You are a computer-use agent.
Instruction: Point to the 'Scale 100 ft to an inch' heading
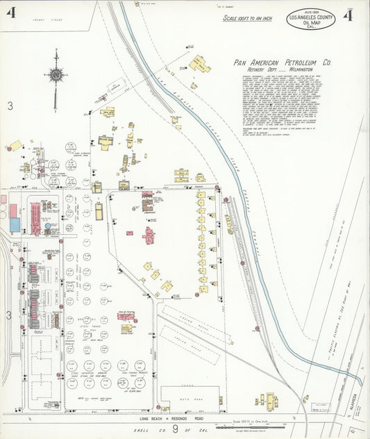[x=246, y=17]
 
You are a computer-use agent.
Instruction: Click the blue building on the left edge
[x=15, y=224]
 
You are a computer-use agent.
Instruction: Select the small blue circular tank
[x=48, y=226]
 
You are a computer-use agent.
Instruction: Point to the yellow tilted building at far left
[x=15, y=146]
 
